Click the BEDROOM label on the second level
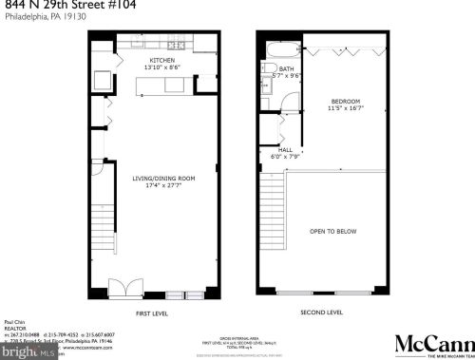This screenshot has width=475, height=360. [344, 101]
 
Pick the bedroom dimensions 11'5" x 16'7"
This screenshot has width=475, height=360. [344, 108]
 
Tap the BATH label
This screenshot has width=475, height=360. [286, 69]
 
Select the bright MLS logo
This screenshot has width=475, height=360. [22, 349]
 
